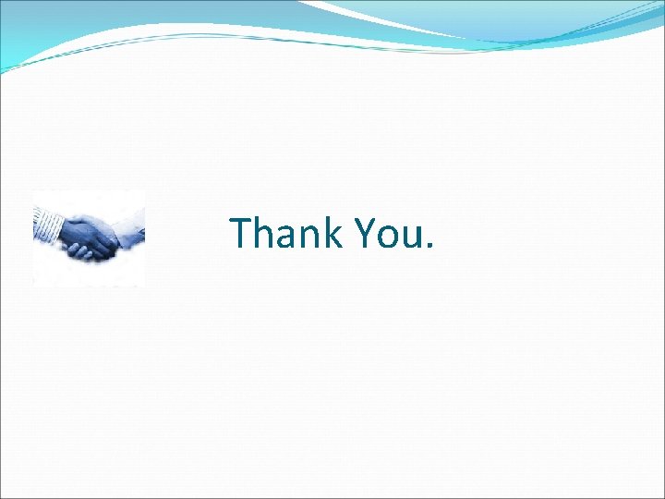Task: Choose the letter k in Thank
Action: click(x=330, y=233)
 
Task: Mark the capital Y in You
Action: click(x=362, y=234)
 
